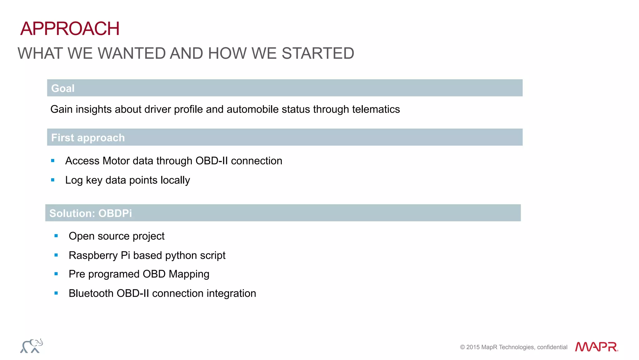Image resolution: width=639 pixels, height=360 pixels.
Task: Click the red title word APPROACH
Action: (70, 29)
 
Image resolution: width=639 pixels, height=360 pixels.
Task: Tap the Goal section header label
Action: (63, 88)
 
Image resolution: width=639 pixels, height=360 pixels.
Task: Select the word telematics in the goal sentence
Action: (376, 109)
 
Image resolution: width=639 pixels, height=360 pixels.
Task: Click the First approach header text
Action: (88, 138)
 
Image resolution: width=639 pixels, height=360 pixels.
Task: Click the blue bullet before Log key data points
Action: (53, 180)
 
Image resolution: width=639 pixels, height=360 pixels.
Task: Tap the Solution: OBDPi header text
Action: (90, 213)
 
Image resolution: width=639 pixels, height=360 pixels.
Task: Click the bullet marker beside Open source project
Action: (56, 236)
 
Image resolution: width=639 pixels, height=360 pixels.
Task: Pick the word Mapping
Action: (189, 274)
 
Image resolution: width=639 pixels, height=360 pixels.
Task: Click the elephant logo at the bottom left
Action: (32, 346)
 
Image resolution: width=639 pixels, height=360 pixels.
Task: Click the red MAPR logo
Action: (596, 347)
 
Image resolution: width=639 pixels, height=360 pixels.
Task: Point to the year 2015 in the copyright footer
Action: (472, 347)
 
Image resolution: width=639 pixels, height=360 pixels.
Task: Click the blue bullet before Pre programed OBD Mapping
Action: (56, 274)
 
